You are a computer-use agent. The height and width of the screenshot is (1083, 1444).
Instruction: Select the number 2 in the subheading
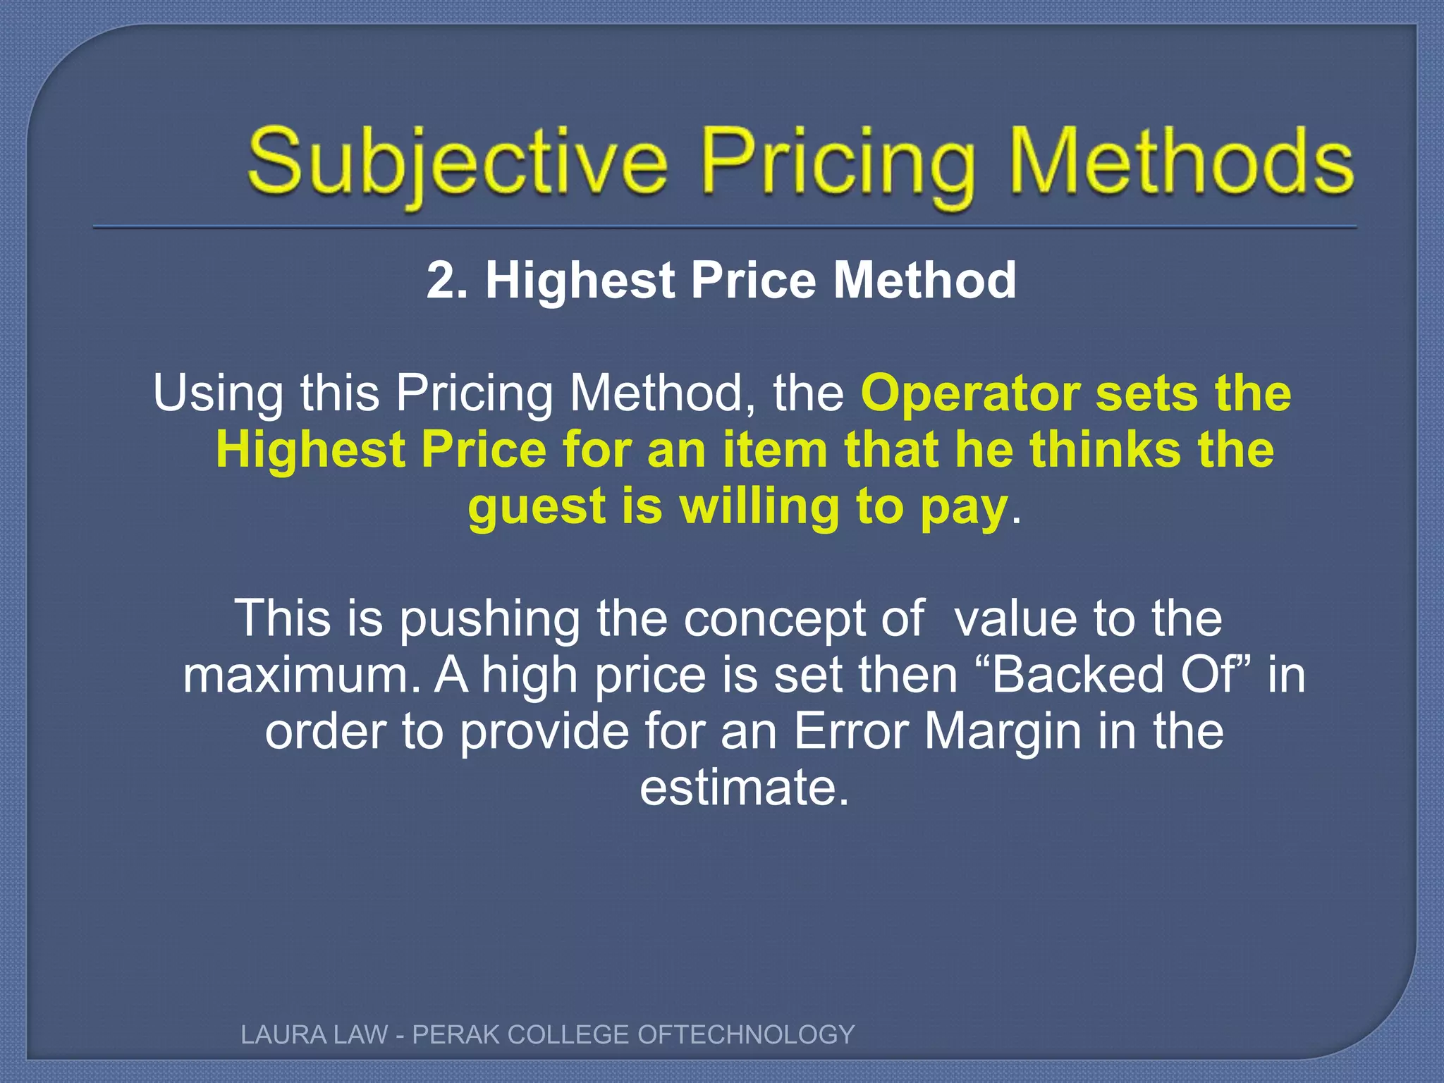point(441,281)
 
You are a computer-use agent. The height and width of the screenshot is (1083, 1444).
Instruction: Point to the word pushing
point(490,619)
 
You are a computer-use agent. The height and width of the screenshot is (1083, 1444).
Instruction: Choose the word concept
point(803,619)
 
